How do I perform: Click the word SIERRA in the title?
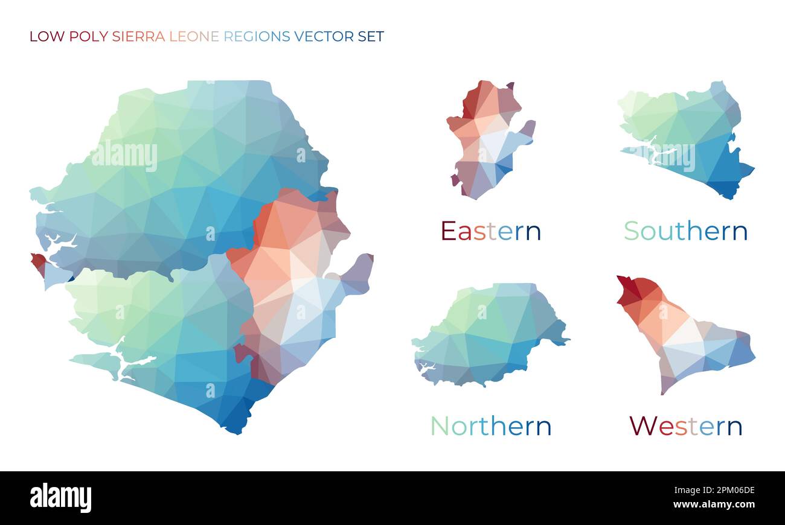click(x=138, y=36)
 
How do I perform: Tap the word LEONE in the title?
click(x=194, y=36)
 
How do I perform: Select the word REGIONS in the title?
click(x=257, y=36)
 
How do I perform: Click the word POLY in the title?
click(x=89, y=36)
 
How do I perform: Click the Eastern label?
click(x=490, y=231)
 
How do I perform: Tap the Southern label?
click(x=685, y=231)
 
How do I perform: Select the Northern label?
click(x=490, y=426)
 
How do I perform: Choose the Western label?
click(x=685, y=426)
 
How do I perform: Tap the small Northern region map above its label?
click(x=489, y=335)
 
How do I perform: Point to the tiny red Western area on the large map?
click(x=39, y=261)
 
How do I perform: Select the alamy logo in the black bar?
click(x=60, y=498)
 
